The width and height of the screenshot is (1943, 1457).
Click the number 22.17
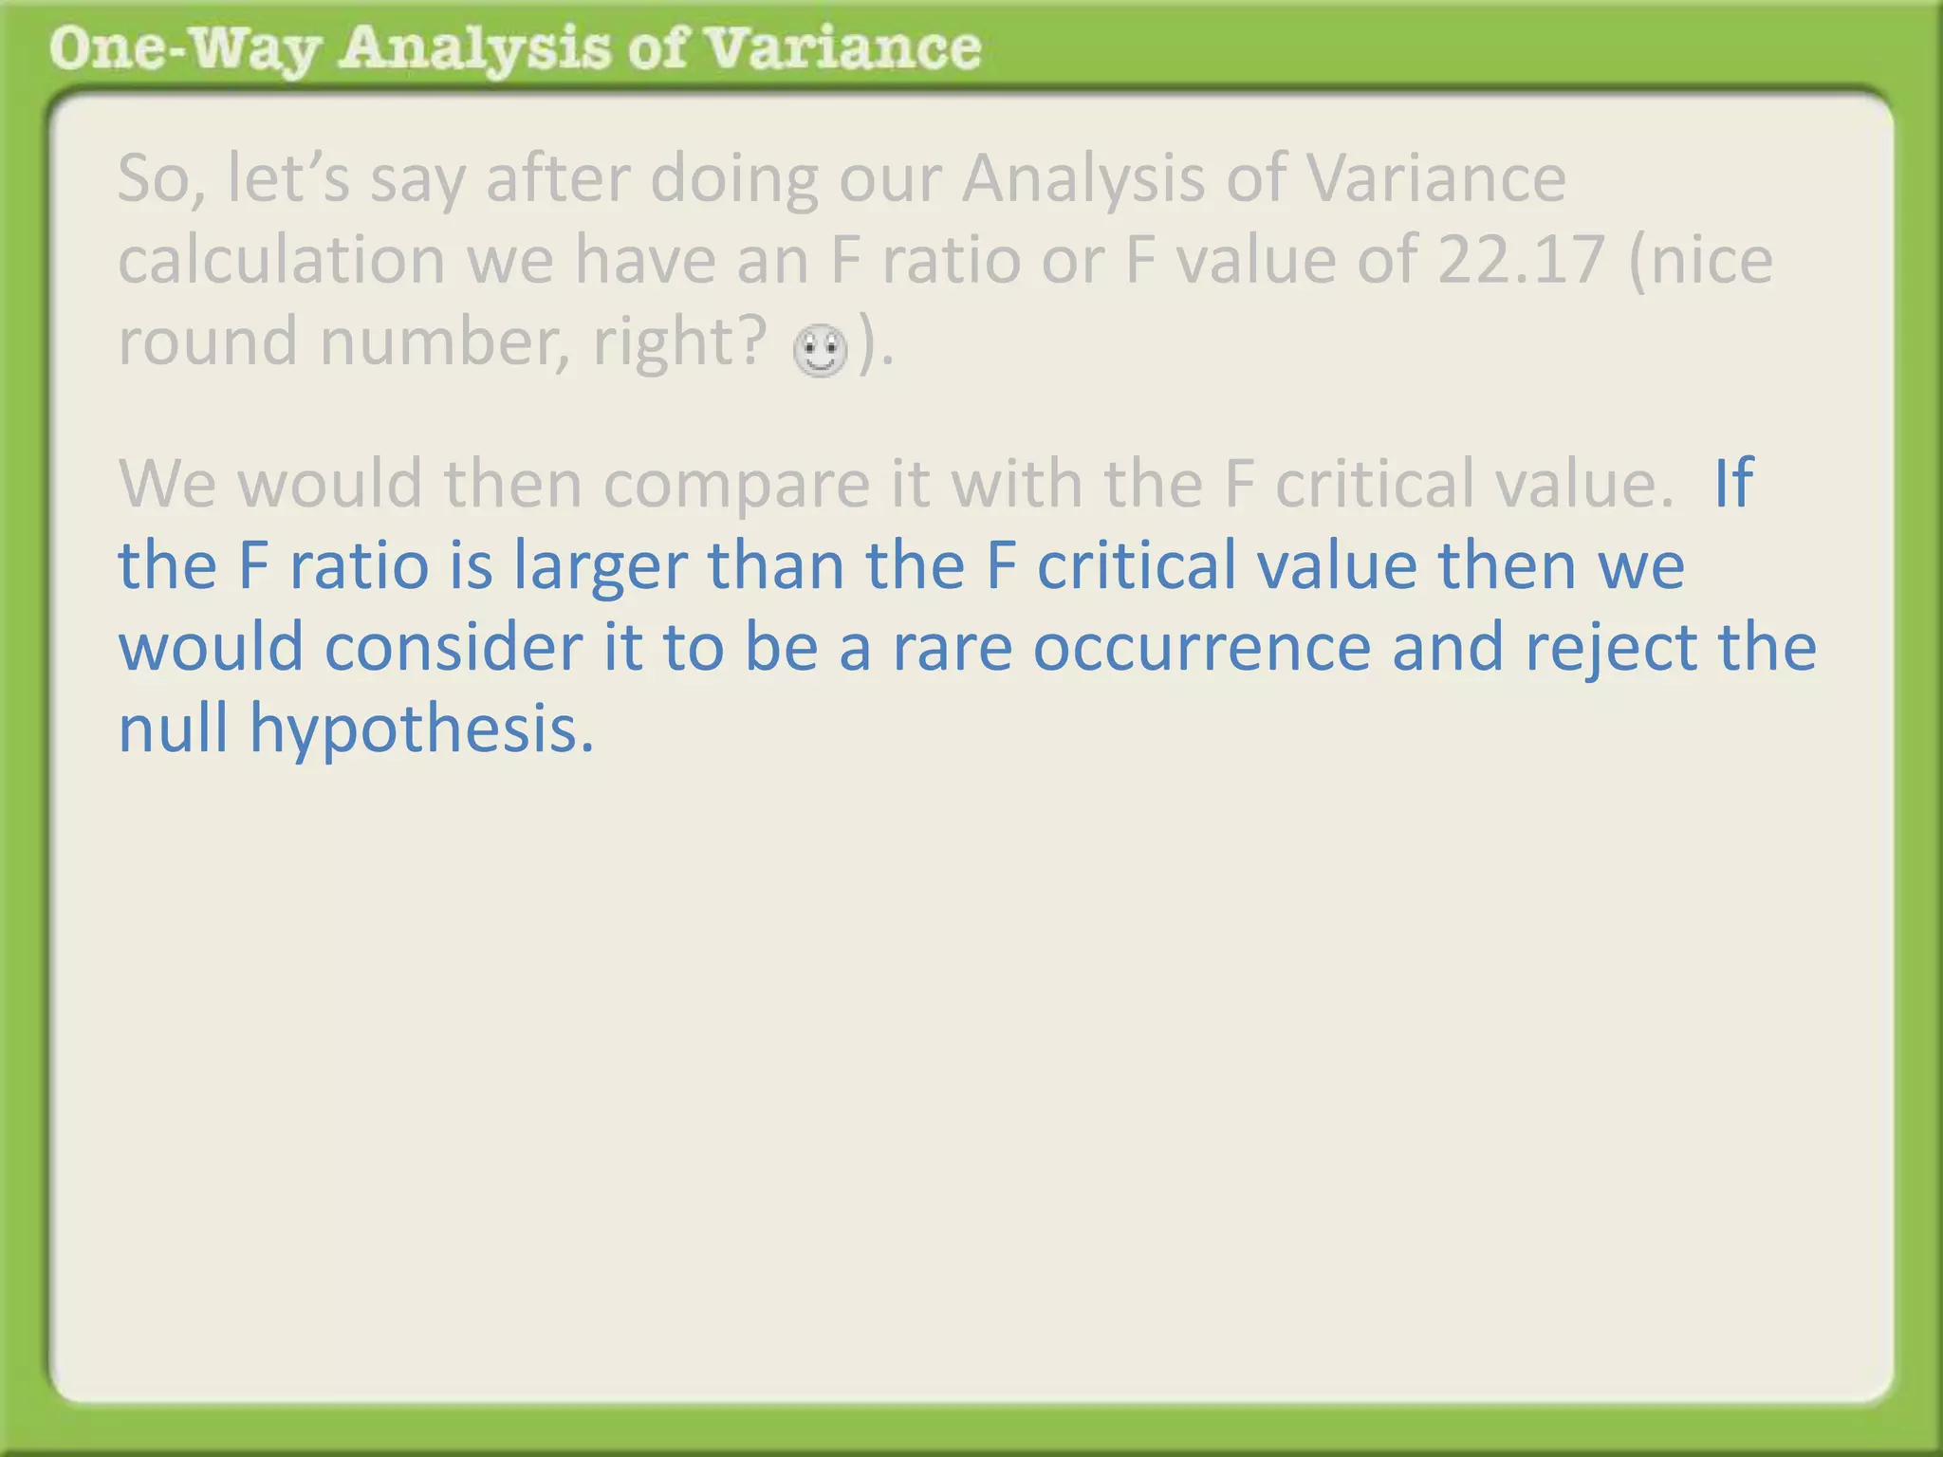[x=1521, y=260]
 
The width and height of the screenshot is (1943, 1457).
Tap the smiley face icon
[x=820, y=350]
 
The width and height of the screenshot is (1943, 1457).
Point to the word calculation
[x=281, y=260]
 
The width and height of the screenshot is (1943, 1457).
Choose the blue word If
[x=1733, y=483]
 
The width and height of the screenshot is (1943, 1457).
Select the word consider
[x=453, y=648]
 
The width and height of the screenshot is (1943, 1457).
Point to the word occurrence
[x=1202, y=648]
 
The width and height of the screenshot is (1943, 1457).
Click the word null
[x=173, y=728]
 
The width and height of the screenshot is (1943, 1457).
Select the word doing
[x=734, y=180]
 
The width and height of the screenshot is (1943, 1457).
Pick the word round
[x=208, y=341]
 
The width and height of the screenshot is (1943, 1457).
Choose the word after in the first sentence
[x=558, y=178]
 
